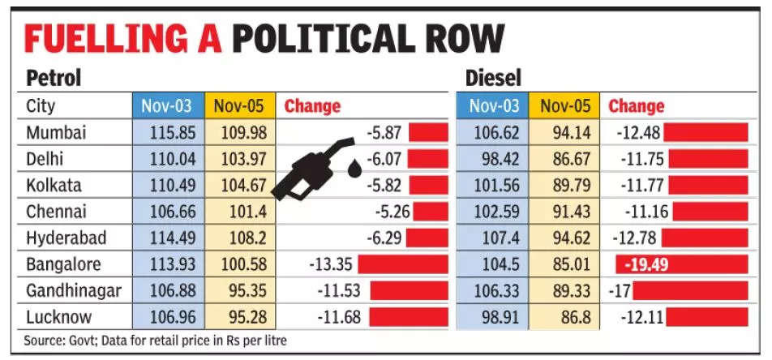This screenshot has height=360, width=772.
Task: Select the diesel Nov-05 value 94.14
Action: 564,132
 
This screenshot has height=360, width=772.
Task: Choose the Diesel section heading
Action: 493,79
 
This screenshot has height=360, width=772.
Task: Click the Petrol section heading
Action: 54,79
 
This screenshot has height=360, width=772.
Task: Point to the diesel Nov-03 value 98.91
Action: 491,316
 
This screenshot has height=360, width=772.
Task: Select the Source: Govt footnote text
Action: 154,341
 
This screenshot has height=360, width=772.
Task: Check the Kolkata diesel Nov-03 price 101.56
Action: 491,185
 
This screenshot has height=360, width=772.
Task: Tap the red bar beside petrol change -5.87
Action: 428,132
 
